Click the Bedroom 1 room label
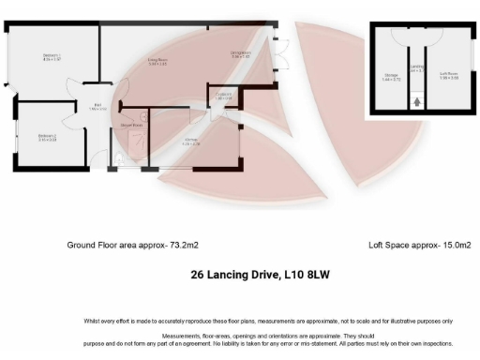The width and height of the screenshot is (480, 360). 52,58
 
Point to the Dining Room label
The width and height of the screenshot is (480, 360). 241,54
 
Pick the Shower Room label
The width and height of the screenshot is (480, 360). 131,124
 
